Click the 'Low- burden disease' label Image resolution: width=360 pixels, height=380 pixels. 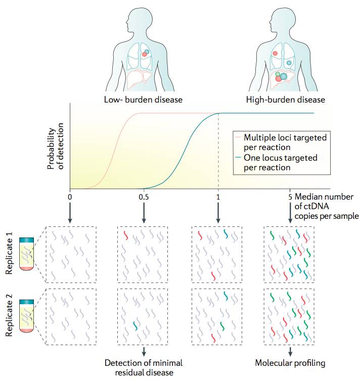pos(143,99)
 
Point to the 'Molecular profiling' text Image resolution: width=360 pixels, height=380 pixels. pos(290,363)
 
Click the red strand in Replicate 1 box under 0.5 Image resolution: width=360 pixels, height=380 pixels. pos(126,235)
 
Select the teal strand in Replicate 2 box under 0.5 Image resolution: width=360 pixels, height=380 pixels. pos(134,326)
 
